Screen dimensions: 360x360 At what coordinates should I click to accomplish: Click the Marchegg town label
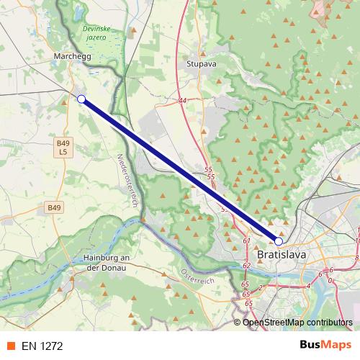click(x=71, y=54)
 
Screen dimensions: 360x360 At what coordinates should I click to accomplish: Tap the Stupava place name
click(x=202, y=63)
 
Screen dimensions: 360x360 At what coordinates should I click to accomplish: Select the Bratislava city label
click(x=282, y=255)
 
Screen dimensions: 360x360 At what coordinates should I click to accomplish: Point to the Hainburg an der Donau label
click(x=106, y=263)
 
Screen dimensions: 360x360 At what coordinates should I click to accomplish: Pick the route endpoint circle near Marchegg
click(x=81, y=99)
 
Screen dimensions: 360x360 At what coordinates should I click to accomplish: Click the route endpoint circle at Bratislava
click(x=279, y=241)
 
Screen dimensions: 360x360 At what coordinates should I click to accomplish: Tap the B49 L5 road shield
click(x=63, y=148)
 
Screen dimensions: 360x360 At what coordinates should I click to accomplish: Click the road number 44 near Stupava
click(x=182, y=101)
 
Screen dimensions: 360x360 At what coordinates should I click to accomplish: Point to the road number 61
click(x=246, y=240)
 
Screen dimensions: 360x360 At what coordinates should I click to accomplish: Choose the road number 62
click(x=246, y=266)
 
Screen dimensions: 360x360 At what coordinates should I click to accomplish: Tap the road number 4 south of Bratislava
click(x=307, y=286)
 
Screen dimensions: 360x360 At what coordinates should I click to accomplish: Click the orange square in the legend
click(x=11, y=346)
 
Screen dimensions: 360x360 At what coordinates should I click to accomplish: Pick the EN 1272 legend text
click(x=42, y=346)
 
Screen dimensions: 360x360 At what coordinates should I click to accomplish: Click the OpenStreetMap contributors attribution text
click(x=297, y=323)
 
